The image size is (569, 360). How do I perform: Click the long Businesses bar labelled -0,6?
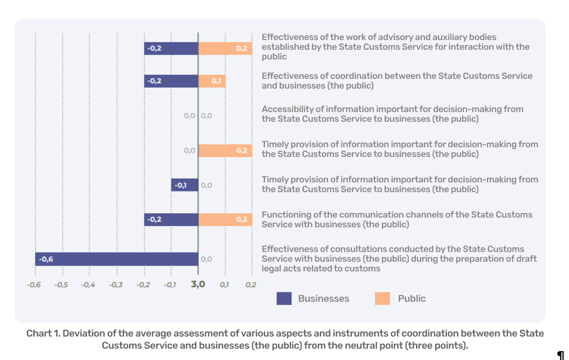[x=116, y=259]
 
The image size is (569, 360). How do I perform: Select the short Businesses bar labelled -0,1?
[x=184, y=185]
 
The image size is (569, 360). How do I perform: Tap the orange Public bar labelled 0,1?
[x=212, y=81]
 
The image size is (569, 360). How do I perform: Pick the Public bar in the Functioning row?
[x=225, y=220]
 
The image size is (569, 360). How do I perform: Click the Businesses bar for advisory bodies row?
[x=171, y=49]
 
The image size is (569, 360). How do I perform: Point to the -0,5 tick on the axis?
[x=61, y=285]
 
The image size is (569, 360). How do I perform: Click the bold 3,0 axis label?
[x=198, y=284]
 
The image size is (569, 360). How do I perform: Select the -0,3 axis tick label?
[x=116, y=285]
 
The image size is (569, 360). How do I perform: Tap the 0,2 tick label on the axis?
[x=251, y=285]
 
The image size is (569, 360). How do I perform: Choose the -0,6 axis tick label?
[x=34, y=285]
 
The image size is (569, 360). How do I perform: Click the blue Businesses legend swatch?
[x=284, y=299]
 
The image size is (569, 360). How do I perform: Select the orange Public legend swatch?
[x=382, y=299]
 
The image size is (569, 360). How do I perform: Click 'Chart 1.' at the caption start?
[x=43, y=333]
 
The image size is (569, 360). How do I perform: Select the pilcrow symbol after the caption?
[x=561, y=356]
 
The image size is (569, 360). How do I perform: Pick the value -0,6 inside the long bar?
[x=46, y=259]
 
